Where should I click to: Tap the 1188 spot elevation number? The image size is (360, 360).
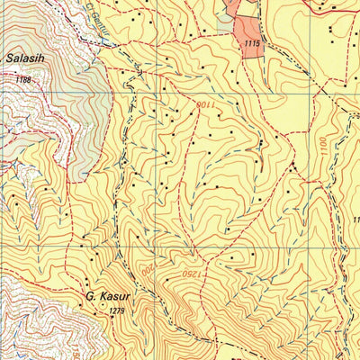22,80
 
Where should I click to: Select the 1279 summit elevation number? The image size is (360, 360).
114,311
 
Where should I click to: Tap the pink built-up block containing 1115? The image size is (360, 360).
251,40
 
